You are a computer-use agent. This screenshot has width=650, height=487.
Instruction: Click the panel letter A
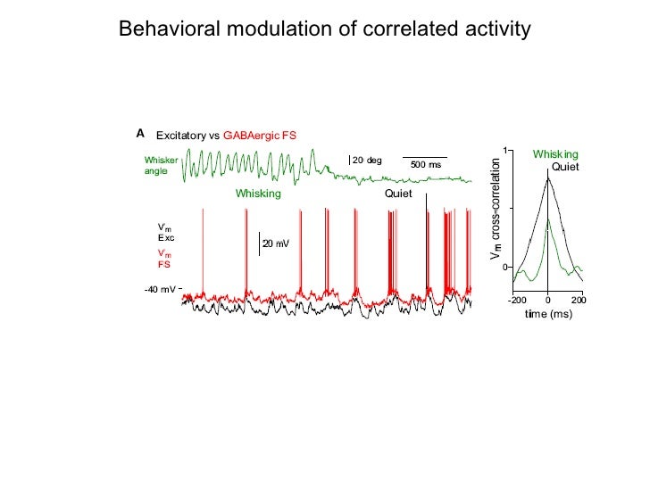140,133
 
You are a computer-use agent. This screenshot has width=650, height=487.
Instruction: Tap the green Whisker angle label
162,165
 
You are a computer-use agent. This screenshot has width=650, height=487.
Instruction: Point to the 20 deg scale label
367,161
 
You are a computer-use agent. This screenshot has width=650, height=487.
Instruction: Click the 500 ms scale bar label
426,165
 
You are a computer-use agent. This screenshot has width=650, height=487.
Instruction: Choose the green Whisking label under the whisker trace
258,194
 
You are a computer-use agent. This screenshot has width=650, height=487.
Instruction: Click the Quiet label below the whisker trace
398,194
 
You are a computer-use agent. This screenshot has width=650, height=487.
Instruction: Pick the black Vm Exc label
166,233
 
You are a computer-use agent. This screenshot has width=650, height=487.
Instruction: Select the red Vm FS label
165,259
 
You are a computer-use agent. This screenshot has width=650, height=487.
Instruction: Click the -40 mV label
160,290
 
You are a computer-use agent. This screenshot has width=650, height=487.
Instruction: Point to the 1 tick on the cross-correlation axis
504,151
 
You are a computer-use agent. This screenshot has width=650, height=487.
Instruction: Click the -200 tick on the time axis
517,300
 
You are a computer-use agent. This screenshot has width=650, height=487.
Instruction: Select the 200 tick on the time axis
579,300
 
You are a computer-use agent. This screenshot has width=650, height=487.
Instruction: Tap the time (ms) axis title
547,315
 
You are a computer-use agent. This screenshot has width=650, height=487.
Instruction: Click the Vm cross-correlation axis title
496,210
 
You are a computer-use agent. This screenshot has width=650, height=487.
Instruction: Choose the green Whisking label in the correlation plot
555,154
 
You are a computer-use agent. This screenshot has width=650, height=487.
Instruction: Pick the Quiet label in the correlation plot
565,167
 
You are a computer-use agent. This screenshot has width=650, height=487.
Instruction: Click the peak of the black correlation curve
548,177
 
